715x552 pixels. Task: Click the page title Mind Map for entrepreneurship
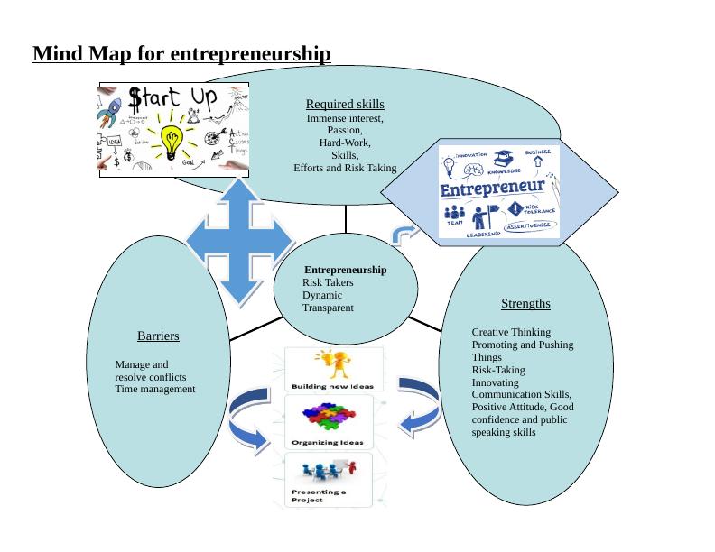(181, 54)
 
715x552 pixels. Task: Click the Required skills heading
(345, 105)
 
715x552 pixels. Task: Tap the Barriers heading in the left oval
(158, 336)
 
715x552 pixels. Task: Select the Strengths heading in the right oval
(525, 303)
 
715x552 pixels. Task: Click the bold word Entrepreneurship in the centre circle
(346, 270)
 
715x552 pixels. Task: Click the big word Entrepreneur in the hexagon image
(492, 190)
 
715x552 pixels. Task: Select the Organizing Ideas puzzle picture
(327, 421)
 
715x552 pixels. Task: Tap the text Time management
(155, 389)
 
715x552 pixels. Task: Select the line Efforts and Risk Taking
(345, 168)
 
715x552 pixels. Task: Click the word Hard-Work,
(345, 143)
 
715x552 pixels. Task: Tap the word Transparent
(328, 308)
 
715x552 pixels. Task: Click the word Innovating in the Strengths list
(496, 382)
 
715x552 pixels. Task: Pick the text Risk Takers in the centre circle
(328, 282)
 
